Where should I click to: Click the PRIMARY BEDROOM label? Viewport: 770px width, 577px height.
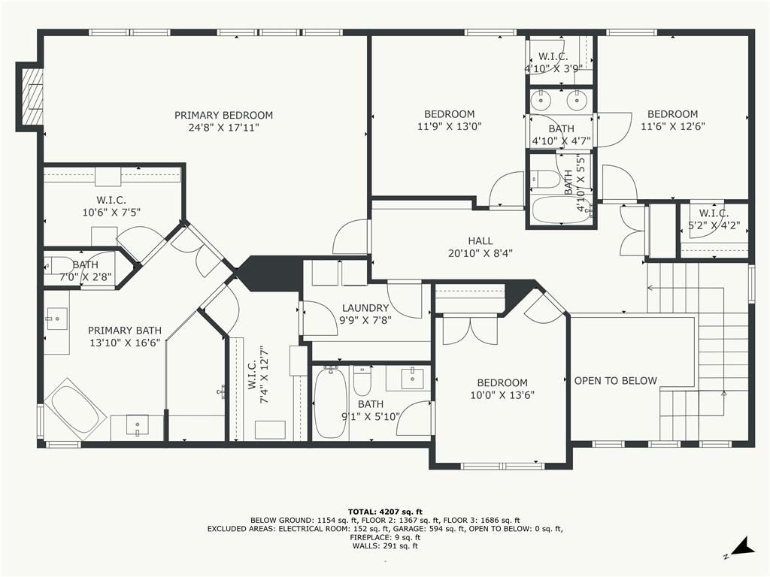(x=223, y=115)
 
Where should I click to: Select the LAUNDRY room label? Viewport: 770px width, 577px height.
(x=365, y=308)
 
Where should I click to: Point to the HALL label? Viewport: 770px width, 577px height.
(x=480, y=241)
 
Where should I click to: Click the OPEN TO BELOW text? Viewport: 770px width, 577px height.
(x=615, y=381)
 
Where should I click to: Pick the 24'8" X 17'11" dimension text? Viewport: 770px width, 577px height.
(x=223, y=128)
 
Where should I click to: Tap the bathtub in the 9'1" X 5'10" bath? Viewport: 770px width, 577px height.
(x=330, y=403)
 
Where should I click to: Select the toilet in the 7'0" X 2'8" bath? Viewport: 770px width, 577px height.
(x=58, y=265)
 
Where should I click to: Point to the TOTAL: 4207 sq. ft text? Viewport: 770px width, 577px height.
(x=385, y=512)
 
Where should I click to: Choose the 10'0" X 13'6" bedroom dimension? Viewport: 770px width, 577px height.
(x=502, y=395)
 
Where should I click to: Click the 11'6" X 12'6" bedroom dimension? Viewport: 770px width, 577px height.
(x=673, y=126)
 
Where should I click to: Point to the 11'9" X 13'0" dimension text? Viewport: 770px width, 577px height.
(x=450, y=126)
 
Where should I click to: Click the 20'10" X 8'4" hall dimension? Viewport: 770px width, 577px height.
(x=480, y=254)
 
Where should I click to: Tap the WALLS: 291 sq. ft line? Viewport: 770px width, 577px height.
(x=385, y=545)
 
